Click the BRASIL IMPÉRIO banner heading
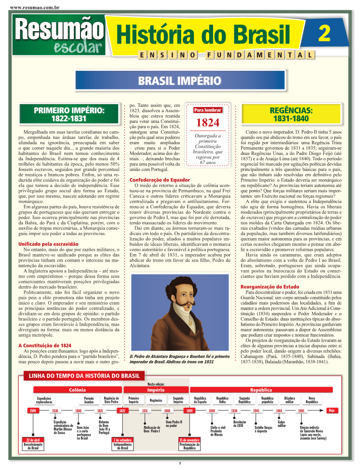pos(179,81)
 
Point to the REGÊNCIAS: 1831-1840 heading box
pos(291,114)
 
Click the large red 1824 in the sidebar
pos(207,122)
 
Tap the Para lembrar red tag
pos(207,110)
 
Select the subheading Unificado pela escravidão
pos(48,244)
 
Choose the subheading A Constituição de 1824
pos(44,345)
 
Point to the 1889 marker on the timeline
pos(189,411)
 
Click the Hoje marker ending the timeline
pos(332,410)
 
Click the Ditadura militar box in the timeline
pos(289,400)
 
